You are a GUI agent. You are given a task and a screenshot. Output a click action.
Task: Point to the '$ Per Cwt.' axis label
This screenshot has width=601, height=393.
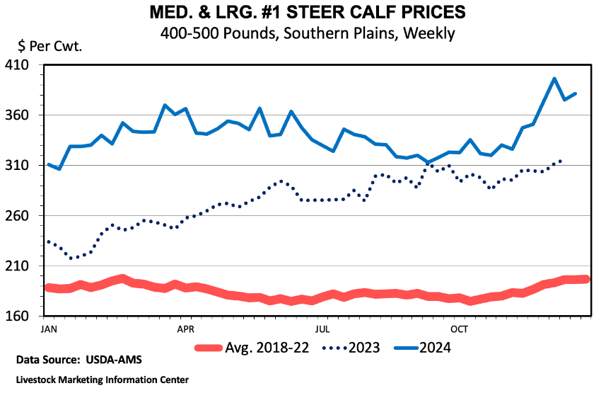[49, 47]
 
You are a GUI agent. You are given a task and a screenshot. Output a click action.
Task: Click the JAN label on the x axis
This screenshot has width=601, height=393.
[49, 329]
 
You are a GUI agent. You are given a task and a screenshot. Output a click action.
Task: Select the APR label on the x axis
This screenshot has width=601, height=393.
[186, 329]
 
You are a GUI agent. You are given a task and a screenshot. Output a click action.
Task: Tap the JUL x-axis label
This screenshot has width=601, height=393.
[322, 329]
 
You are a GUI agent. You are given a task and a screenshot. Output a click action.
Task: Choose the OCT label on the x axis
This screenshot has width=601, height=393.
[460, 329]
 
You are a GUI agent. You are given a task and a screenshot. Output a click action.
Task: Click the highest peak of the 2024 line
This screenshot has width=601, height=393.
[554, 79]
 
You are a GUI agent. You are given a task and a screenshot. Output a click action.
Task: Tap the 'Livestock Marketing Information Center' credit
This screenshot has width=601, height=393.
[103, 380]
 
